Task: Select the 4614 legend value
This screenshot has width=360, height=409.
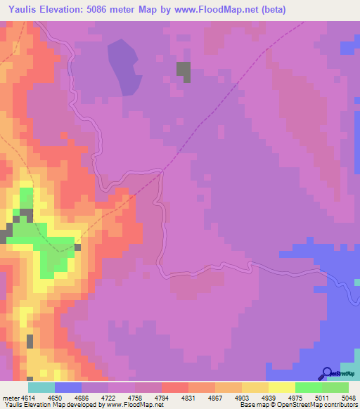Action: (x=29, y=398)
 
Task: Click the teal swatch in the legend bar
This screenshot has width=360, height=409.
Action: (x=41, y=387)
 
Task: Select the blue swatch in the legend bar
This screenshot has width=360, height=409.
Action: (x=68, y=387)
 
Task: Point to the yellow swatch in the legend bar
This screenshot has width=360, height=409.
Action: (x=281, y=387)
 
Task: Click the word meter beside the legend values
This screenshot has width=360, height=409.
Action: (x=8, y=398)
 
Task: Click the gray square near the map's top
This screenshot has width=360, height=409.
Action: (x=184, y=72)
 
